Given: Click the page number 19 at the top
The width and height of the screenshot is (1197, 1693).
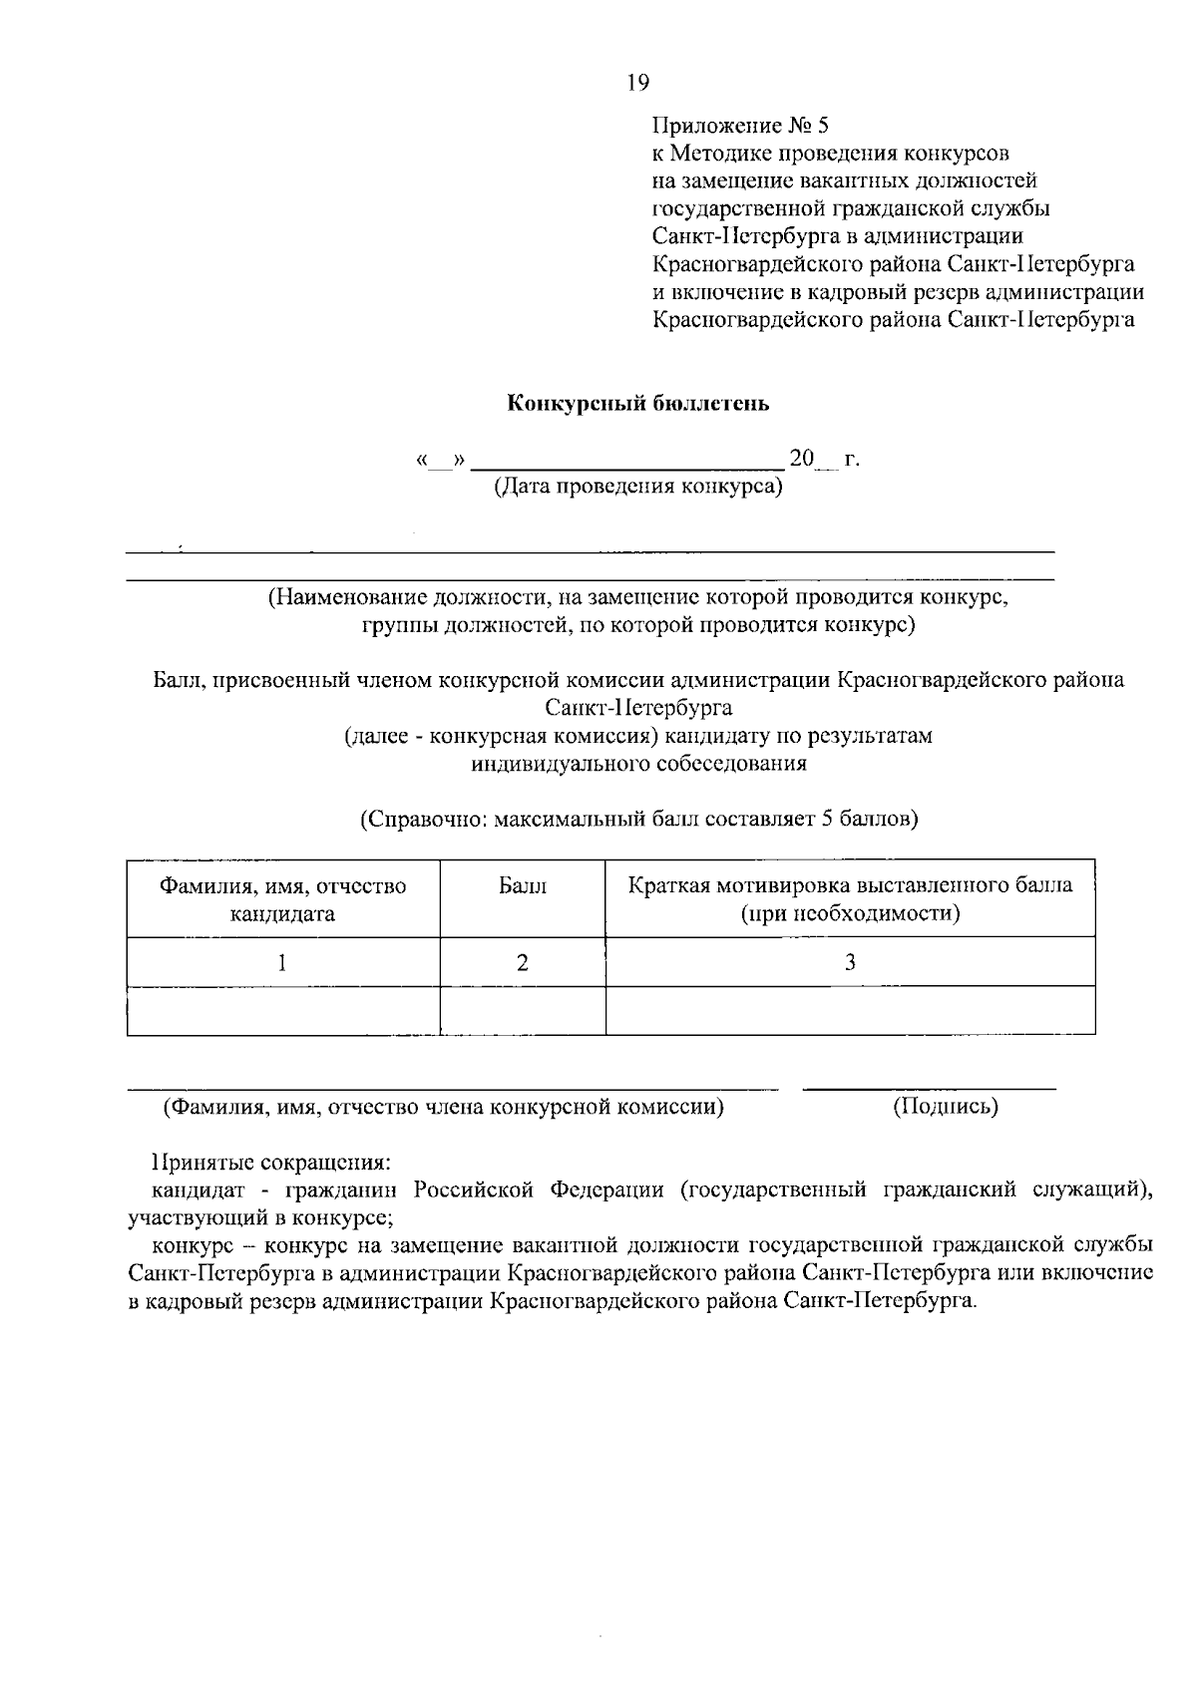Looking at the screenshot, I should coord(637,83).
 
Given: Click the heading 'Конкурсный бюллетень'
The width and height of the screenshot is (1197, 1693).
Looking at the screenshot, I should coord(638,404).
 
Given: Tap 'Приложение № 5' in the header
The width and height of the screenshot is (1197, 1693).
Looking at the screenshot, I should coord(740,126).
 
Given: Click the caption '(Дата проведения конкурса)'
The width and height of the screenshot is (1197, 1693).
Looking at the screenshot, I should coord(638,487).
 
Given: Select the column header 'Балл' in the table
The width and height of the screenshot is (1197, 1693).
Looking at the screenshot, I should coord(523,885).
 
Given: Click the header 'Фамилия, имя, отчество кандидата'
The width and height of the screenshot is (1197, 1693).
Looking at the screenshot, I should coord(283,899).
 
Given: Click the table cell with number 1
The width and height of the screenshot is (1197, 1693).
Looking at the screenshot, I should coord(283,962).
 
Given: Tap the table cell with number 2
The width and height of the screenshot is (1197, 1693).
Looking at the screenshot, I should coord(523,962).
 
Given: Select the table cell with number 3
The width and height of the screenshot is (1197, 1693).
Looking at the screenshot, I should coord(850,962).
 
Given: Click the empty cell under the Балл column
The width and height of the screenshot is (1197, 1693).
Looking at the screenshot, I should coord(523,1011).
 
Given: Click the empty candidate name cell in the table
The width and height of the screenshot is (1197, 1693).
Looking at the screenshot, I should coord(283,1011).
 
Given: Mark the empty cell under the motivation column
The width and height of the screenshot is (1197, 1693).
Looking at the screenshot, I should coord(850,1011).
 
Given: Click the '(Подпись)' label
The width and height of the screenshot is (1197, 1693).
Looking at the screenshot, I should coord(945,1106).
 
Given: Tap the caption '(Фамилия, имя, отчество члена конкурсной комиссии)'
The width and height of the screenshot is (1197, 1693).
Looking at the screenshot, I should coord(444,1106).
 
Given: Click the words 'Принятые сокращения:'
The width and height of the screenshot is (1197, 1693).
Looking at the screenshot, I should coord(270,1163).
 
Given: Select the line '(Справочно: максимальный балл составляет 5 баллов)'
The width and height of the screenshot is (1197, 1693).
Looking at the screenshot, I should coord(638,820).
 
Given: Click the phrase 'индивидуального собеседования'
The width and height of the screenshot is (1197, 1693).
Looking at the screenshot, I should coord(638,765).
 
